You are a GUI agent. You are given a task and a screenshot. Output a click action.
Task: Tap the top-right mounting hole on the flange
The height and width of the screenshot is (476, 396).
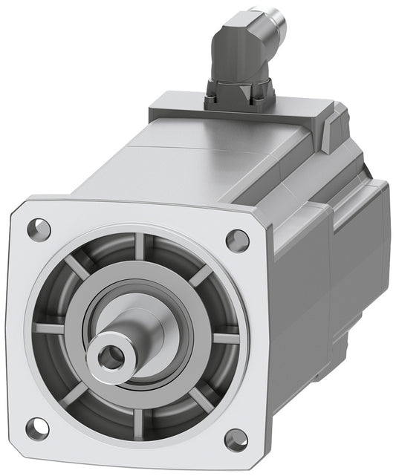pos(237,239)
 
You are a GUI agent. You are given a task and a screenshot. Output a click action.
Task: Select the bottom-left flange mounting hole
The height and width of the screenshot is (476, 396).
pos(36,427)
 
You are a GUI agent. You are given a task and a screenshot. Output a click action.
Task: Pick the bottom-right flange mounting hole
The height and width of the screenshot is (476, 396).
pos(236,438)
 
